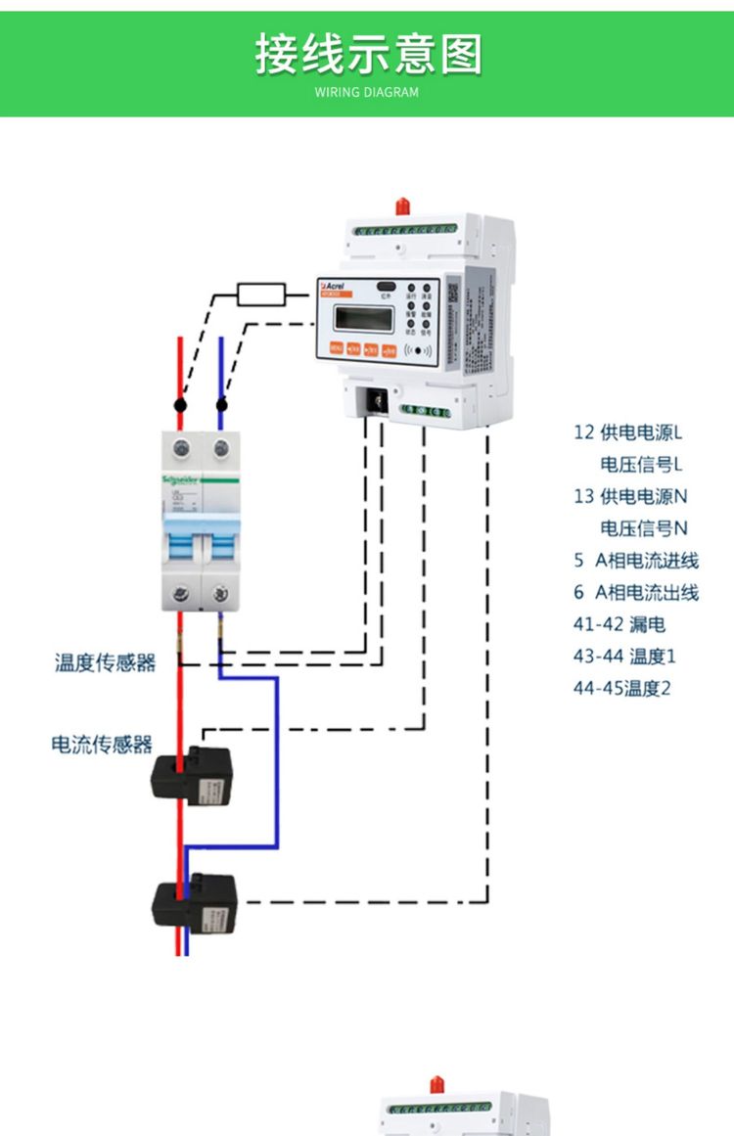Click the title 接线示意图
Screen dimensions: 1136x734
point(368,54)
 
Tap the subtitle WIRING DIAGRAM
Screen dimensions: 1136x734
point(367,92)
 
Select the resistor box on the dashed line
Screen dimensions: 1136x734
point(261,293)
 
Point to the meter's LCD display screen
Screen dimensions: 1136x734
point(363,318)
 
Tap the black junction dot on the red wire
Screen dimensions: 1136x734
point(180,404)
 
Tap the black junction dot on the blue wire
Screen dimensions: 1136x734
point(221,404)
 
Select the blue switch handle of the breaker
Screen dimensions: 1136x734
point(201,539)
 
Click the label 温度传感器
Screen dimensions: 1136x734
point(105,663)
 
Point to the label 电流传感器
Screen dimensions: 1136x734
point(102,745)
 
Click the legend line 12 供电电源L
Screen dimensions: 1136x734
point(627,432)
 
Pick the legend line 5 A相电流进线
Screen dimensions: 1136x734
point(635,561)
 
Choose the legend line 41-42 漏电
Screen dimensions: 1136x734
point(619,624)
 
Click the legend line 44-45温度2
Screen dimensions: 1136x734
point(622,688)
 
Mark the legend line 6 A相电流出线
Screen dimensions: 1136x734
point(635,592)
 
